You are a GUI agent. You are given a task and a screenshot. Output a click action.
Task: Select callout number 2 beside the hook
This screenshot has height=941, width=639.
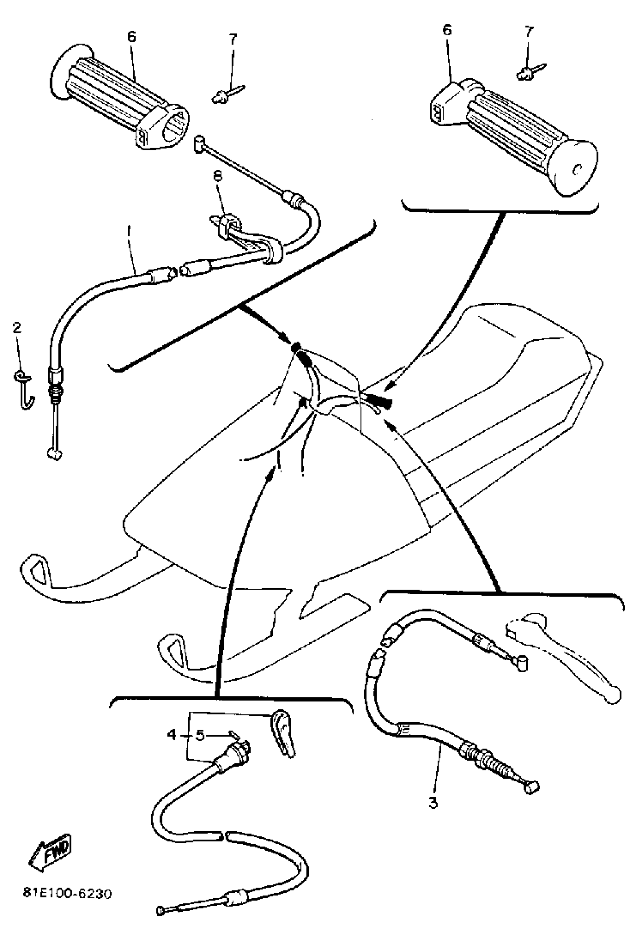pyautogui.click(x=17, y=328)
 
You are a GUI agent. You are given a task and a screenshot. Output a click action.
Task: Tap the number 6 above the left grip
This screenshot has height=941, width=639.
pyautogui.click(x=131, y=37)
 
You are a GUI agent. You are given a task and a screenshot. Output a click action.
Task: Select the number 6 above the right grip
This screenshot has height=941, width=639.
pyautogui.click(x=447, y=30)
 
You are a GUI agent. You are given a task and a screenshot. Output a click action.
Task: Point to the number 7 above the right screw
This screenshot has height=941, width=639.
pyautogui.click(x=529, y=32)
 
